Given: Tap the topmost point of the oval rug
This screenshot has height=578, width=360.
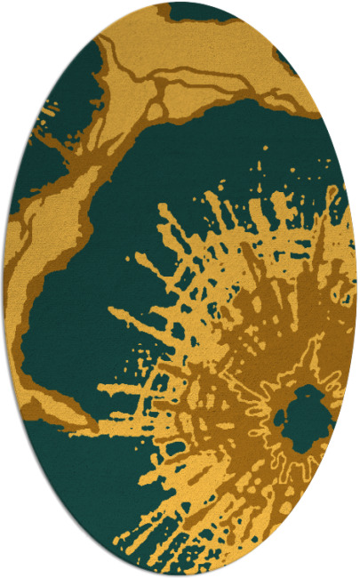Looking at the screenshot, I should (x=180, y=3).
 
